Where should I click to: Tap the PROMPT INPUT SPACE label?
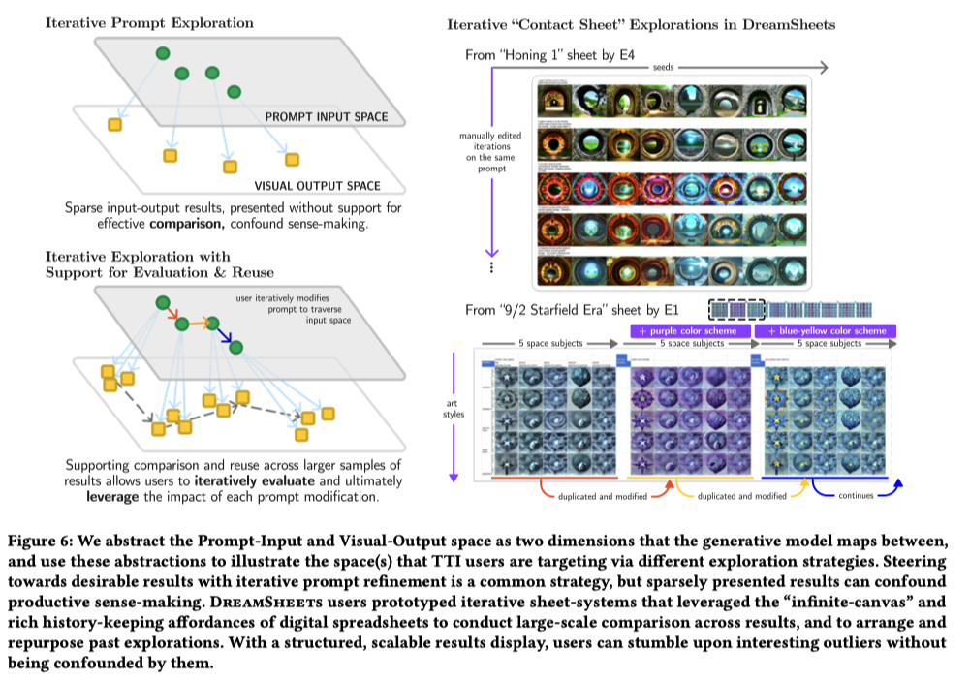(326, 117)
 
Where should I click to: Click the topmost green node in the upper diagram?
(162, 52)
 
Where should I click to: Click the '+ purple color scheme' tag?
(686, 331)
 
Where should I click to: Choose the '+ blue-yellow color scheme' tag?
(824, 331)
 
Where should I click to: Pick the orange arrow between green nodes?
(197, 323)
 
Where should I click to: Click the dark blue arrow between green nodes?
(227, 334)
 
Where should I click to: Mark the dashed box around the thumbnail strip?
(736, 309)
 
